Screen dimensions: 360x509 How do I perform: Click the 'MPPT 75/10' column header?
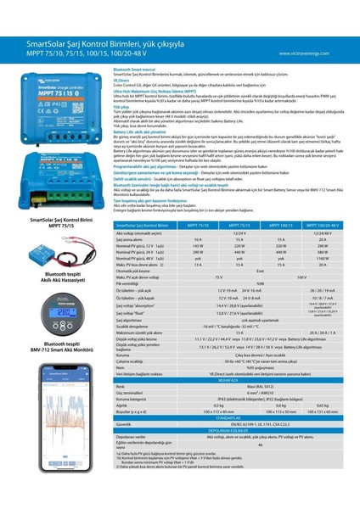pos(196,225)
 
